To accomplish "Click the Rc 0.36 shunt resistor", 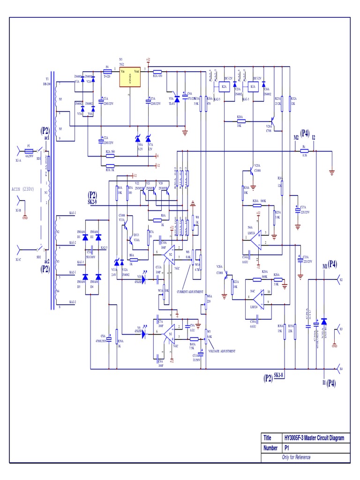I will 305,151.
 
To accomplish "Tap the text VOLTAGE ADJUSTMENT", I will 222,351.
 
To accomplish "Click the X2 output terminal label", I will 341,280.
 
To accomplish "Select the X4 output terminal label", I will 341,369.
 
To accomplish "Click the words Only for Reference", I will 296,457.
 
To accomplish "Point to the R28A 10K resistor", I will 240,121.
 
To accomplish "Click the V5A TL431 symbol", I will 176,98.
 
